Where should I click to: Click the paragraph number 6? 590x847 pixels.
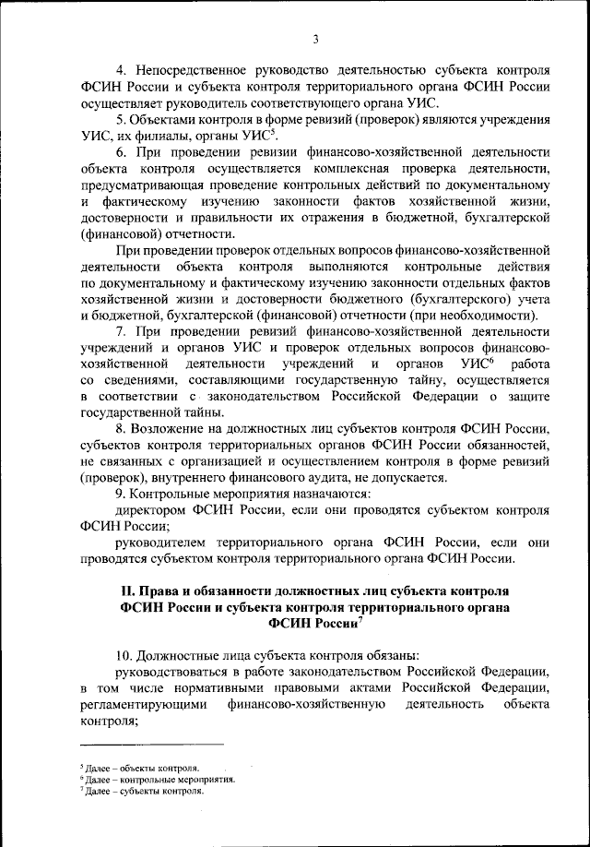point(121,153)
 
